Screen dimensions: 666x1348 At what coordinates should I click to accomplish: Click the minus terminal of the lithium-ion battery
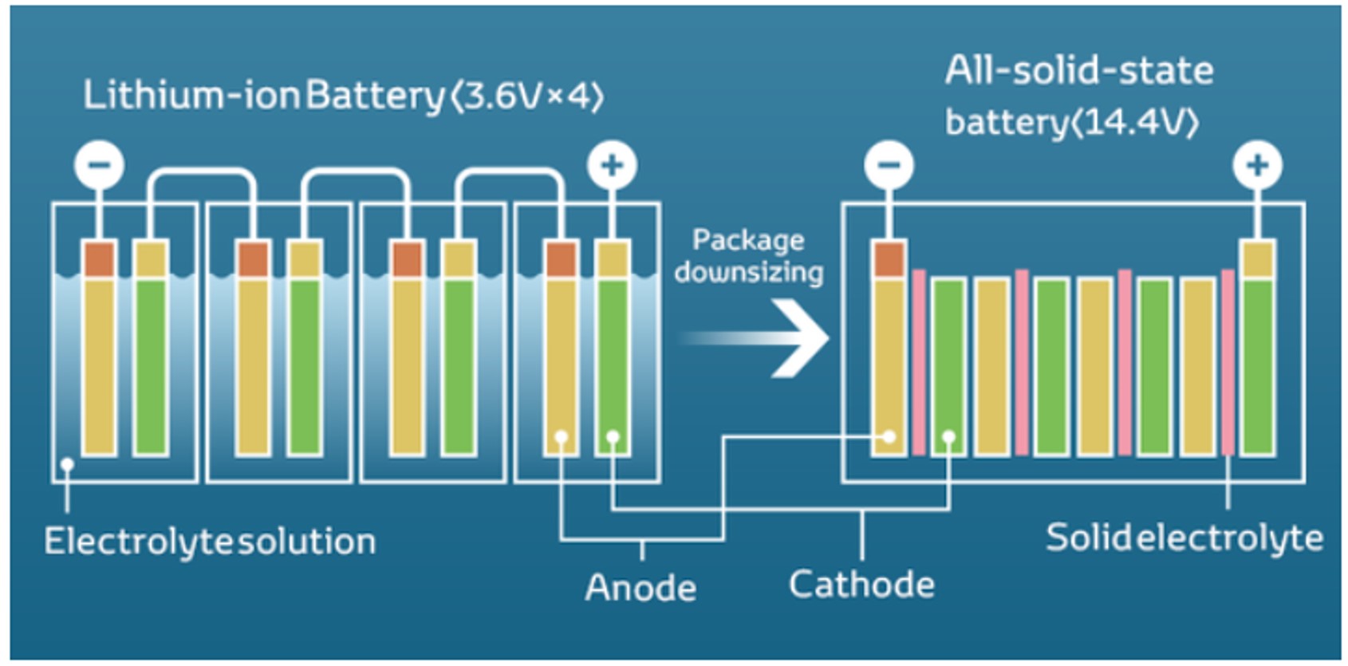click(99, 165)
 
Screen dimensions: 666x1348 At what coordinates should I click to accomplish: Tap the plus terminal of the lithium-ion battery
click(612, 165)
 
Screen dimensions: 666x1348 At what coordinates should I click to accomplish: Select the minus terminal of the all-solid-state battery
click(889, 165)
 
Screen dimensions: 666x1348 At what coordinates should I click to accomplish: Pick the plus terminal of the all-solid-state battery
click(1257, 165)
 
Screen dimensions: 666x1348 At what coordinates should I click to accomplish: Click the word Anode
click(640, 588)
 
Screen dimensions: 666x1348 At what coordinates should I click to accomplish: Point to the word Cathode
click(861, 585)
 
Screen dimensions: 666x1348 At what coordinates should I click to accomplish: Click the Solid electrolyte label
click(1184, 538)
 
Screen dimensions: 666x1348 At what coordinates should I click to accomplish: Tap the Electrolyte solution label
click(210, 542)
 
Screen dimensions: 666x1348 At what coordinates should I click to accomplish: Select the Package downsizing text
click(748, 256)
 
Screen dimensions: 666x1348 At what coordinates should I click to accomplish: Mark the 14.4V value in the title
click(1136, 123)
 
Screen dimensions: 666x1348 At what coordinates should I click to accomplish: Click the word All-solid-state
click(1079, 70)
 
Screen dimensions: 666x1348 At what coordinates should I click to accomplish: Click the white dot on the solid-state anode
click(889, 437)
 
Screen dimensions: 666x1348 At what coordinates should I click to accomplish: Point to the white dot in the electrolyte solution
click(67, 464)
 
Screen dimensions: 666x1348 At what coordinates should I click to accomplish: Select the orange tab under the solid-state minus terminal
click(889, 259)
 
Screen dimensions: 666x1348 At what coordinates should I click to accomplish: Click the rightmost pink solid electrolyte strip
click(1228, 363)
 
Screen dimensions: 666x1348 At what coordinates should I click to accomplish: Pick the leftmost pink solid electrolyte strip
click(919, 363)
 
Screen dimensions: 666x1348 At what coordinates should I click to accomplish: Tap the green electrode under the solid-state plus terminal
click(1258, 367)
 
